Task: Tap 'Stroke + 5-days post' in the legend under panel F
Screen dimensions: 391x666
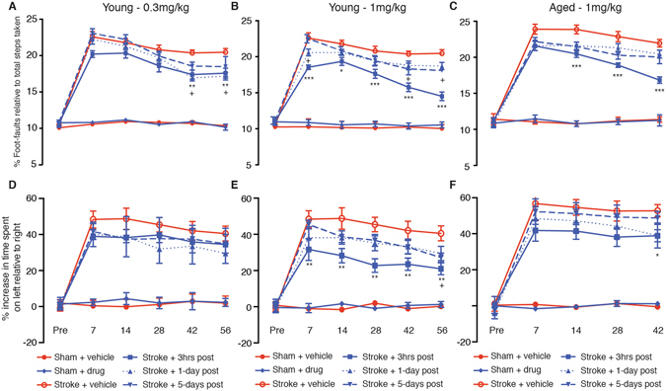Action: pyautogui.click(x=624, y=382)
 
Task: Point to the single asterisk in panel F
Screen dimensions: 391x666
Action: pyautogui.click(x=656, y=255)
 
